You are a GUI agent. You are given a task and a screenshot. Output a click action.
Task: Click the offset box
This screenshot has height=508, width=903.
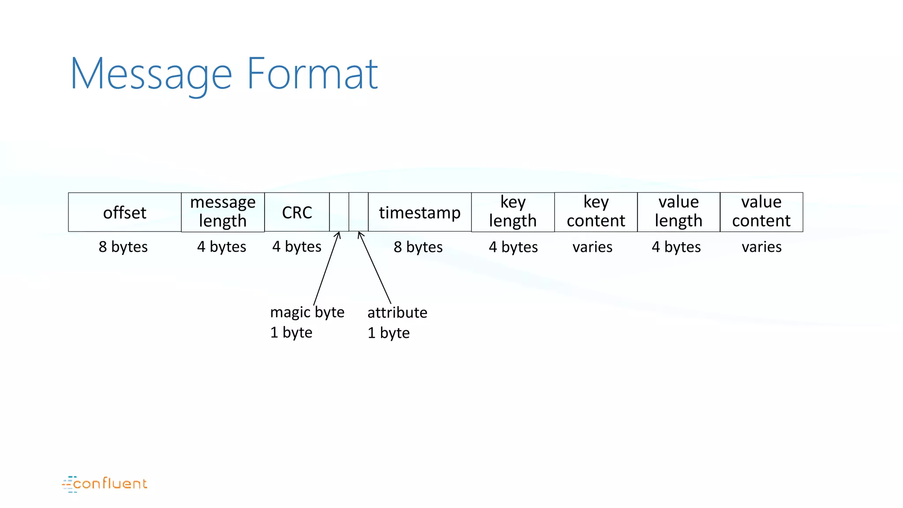pos(125,212)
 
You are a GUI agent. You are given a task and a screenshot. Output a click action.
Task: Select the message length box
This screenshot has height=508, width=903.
pos(223,212)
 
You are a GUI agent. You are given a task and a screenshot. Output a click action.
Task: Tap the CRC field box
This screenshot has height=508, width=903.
pos(297,212)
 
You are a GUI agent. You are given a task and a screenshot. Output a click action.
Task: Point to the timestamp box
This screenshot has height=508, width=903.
pos(420,212)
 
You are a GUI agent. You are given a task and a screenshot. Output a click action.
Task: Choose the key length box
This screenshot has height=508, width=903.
pos(513,212)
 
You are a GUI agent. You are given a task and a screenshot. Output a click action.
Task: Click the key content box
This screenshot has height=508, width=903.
pos(596,212)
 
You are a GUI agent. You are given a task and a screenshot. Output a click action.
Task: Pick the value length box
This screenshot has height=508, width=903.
pos(679,212)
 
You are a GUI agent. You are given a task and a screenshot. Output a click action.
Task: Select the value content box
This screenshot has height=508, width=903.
pos(761,212)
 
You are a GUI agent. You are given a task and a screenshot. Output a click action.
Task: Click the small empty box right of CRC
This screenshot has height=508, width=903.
pos(339,212)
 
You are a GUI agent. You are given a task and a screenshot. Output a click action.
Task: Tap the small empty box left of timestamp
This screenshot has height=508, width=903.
pos(358,212)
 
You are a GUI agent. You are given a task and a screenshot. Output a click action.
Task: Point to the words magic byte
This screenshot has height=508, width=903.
pos(307,312)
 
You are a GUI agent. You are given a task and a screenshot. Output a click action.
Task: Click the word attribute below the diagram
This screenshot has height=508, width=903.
pos(397,313)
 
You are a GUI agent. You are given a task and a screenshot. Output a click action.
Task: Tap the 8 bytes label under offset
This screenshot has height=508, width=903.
pos(123,247)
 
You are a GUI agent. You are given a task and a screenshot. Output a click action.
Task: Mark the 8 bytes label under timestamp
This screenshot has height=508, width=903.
pos(418,247)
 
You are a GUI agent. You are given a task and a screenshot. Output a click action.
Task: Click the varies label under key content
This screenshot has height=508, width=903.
pos(592,247)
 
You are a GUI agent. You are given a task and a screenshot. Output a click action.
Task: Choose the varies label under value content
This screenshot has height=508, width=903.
pos(761,247)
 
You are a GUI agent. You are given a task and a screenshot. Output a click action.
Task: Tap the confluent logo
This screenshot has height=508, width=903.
pos(105,484)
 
